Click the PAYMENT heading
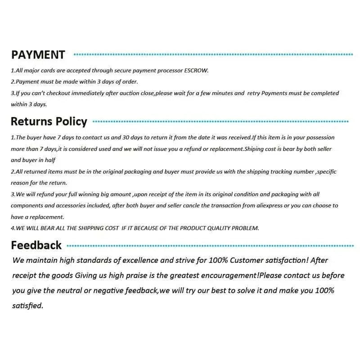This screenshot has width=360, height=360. [38, 55]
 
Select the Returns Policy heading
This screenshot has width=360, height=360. [49, 121]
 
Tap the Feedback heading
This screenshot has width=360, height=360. [36, 245]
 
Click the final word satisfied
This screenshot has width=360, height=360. [27, 306]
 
